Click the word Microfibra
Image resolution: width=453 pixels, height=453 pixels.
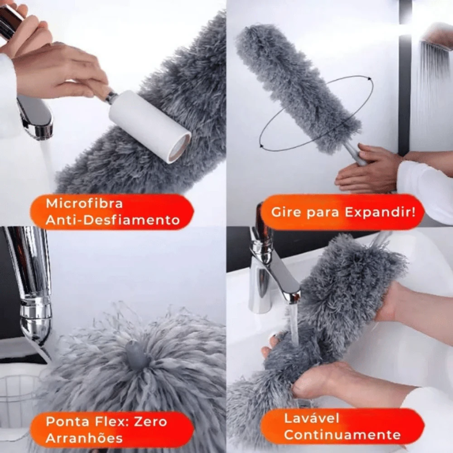84,203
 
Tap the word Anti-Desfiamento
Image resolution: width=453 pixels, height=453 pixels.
113,220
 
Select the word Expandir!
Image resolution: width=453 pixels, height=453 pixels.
380,212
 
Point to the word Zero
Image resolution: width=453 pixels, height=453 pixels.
151,422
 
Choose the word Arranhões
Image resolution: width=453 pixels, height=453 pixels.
84,438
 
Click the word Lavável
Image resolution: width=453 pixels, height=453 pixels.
312,418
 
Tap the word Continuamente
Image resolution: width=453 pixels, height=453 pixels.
342,435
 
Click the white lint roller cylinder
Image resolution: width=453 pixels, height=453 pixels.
150,126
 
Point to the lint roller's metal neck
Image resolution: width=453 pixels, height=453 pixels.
111,96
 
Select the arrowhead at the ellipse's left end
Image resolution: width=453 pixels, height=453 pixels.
261,146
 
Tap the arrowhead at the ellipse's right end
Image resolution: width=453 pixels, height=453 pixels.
369,78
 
